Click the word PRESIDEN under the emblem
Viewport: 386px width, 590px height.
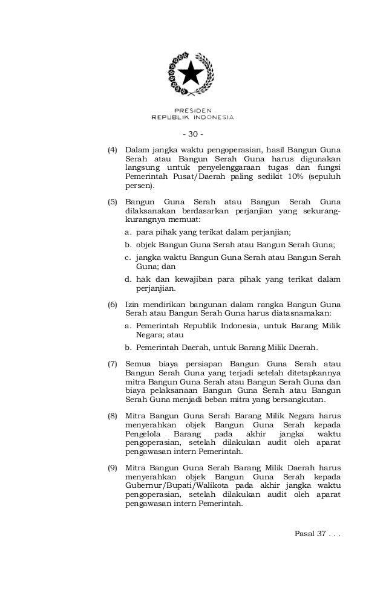coord(192,110)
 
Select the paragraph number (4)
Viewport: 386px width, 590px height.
coord(113,149)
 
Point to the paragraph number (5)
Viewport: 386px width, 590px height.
coord(113,201)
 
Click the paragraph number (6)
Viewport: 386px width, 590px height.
coord(113,304)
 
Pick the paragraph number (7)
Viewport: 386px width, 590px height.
coord(113,365)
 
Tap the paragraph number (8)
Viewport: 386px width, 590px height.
coord(113,417)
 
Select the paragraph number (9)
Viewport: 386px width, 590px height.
coord(113,468)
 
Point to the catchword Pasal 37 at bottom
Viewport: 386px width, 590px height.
coord(314,534)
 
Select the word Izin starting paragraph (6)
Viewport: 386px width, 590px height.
coord(132,304)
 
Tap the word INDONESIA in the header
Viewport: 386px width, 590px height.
coord(213,117)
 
